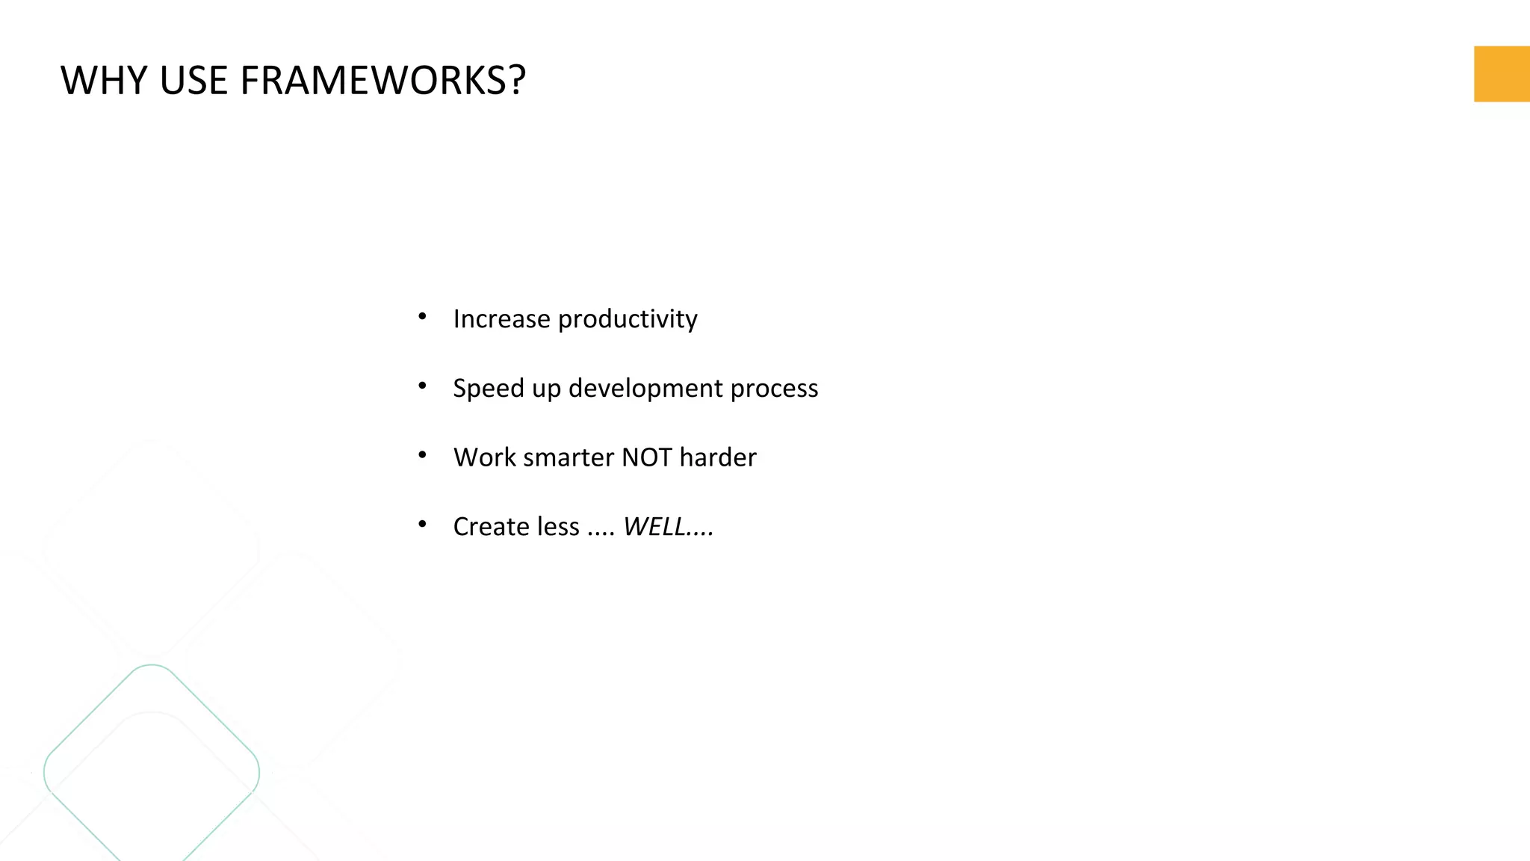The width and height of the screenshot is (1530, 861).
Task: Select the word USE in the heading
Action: pos(193,80)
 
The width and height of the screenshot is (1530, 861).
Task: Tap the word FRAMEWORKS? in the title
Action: pos(382,80)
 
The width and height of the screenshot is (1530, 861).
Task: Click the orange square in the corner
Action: pos(1501,73)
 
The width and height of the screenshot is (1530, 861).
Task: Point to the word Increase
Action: pos(501,319)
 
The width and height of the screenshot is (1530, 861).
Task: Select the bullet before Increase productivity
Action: pos(422,317)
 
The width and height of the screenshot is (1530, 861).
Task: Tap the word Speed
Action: pos(488,389)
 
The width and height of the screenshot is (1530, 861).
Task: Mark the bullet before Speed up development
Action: pos(422,386)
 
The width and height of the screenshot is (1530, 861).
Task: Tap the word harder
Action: pos(717,457)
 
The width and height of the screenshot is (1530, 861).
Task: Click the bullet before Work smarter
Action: pos(422,454)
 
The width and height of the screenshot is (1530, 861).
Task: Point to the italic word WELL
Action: pos(654,527)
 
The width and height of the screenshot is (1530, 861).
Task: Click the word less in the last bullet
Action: pos(557,527)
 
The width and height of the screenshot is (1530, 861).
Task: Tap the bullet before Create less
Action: pos(422,524)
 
